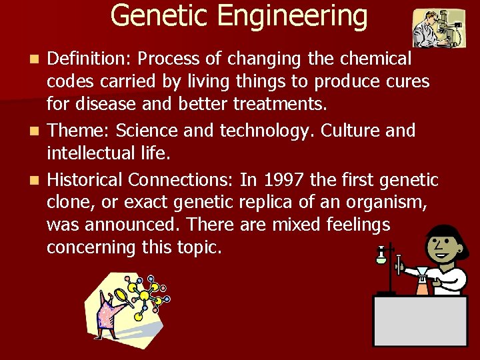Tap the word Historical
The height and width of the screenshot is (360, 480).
(x=85, y=180)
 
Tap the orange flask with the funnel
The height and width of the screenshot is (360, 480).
(x=421, y=283)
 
